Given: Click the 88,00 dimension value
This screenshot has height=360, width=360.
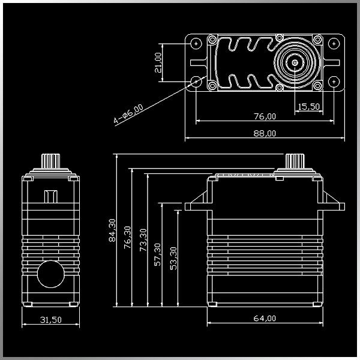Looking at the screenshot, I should click(x=265, y=133).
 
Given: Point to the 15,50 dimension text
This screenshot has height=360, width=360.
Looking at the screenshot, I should click(x=308, y=106).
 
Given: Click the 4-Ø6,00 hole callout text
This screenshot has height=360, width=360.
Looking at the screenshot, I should click(x=129, y=115).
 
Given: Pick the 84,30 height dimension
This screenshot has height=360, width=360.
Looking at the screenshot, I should click(x=112, y=231).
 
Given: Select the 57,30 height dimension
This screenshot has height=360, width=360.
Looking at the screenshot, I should click(x=158, y=254).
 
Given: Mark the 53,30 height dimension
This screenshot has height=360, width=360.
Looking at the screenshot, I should click(x=174, y=257).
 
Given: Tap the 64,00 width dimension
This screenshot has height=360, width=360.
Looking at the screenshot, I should click(x=265, y=318).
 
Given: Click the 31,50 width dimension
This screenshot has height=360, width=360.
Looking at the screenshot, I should click(x=50, y=320).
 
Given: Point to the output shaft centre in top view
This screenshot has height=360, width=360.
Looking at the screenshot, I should click(x=296, y=62).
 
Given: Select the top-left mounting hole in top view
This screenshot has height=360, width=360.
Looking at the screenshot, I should click(x=196, y=44).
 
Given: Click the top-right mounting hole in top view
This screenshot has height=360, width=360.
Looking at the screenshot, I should click(x=334, y=44).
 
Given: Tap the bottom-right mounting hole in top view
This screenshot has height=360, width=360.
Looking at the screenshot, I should click(x=334, y=80).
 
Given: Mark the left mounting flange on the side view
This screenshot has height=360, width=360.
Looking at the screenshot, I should click(x=196, y=206).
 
